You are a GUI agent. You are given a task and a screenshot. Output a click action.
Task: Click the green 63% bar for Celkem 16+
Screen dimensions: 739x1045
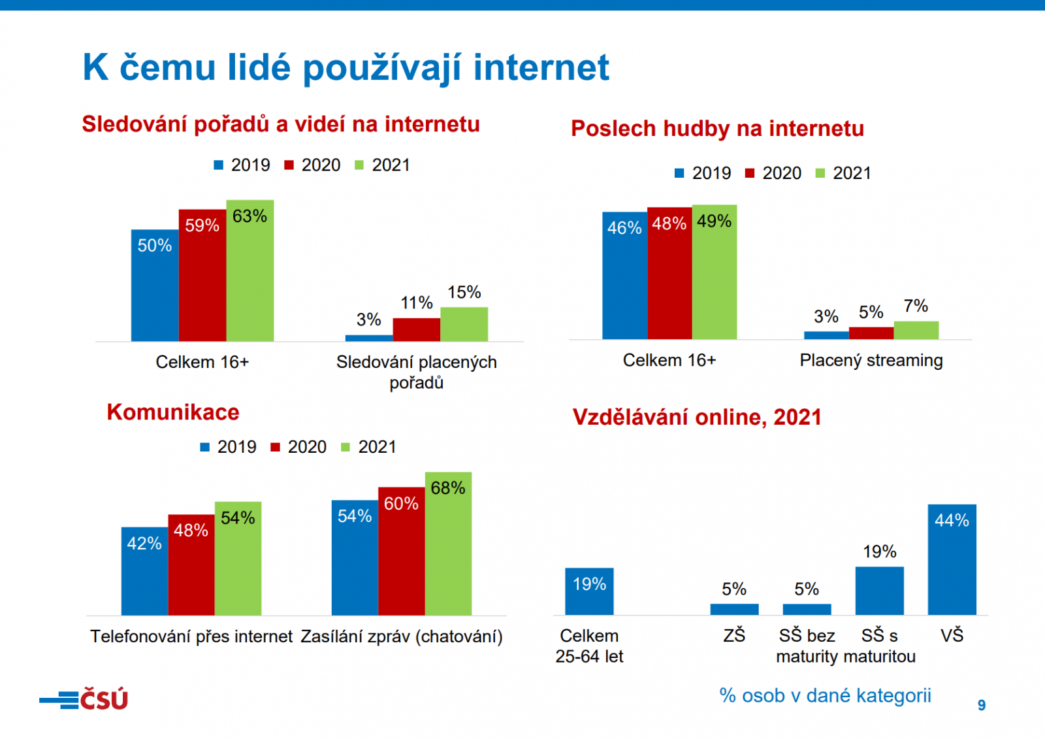(x=249, y=271)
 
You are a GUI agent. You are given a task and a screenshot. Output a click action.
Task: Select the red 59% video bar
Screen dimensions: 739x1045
(x=202, y=275)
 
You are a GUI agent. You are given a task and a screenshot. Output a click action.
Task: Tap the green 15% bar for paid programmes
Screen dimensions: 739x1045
(x=464, y=324)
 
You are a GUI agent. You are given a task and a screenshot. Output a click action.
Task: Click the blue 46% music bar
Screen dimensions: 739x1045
(x=624, y=275)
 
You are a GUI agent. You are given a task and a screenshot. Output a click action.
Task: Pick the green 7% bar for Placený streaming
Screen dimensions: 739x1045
(x=916, y=330)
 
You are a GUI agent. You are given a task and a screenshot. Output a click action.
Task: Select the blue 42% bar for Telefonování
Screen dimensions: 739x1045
(x=144, y=571)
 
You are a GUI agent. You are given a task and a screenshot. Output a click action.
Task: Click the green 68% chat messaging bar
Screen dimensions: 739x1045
(x=448, y=544)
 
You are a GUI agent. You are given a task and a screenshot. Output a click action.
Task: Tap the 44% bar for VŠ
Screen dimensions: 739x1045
(x=952, y=559)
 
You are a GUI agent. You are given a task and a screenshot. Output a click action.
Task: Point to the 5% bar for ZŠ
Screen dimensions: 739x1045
(x=734, y=609)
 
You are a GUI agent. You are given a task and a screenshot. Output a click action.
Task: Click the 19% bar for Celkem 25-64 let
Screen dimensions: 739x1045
(x=589, y=591)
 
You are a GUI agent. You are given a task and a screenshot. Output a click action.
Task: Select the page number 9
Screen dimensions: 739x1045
(x=981, y=705)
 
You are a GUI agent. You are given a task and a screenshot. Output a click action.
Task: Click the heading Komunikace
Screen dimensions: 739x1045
(x=173, y=412)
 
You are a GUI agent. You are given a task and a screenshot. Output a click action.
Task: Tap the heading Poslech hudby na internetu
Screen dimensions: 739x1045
(x=717, y=129)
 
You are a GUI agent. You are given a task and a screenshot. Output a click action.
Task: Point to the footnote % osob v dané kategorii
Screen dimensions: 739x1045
(x=825, y=695)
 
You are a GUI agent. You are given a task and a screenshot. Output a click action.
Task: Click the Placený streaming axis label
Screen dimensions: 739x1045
(x=871, y=360)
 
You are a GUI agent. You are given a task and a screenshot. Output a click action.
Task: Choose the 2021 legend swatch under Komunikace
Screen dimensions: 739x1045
(x=346, y=448)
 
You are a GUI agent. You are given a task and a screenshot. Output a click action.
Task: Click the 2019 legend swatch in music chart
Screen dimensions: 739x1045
(x=679, y=173)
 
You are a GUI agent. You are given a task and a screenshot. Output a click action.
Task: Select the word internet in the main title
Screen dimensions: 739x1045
(x=541, y=67)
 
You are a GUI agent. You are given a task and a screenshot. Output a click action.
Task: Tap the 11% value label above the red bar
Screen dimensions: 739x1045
(x=416, y=303)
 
